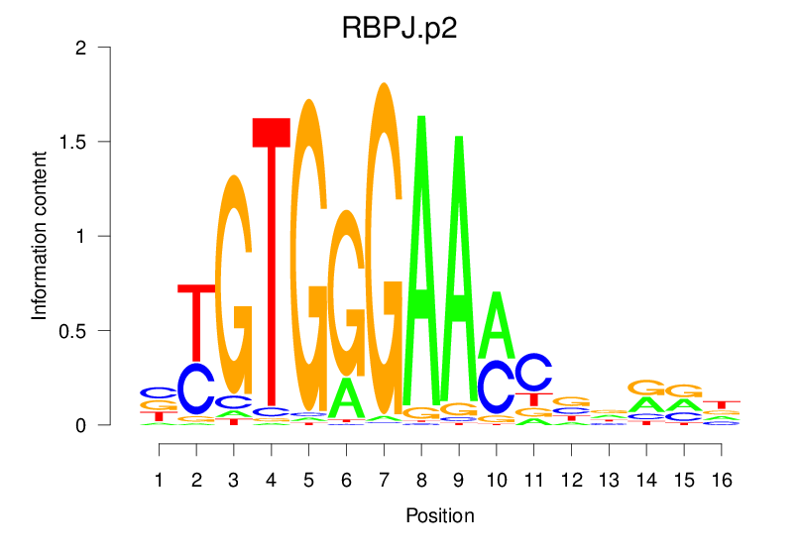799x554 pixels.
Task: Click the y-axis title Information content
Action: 40,235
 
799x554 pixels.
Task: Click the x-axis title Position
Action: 440,515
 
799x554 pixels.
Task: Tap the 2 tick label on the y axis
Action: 83,48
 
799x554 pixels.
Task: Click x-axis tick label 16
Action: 722,480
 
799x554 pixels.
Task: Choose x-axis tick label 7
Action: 384,480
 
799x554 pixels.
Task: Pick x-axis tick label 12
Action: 571,480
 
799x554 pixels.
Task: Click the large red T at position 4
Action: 272,268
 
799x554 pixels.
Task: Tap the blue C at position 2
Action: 196,388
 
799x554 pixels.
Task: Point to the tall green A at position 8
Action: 421,258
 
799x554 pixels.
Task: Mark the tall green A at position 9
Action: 459,268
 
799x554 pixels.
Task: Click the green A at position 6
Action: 346,398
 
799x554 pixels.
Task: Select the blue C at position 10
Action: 496,387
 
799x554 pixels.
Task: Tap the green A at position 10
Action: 496,327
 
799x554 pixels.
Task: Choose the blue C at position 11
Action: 533,373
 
